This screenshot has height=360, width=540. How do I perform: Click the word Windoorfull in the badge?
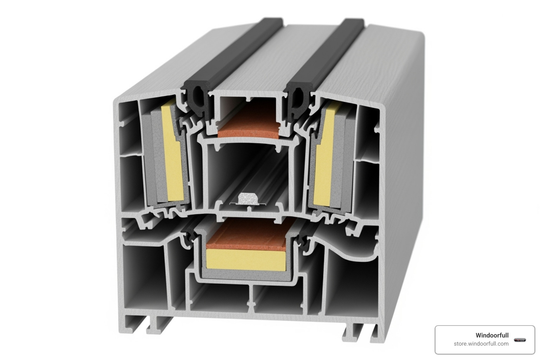click(x=492, y=335)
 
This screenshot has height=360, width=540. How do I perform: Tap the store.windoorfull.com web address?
click(x=481, y=344)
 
